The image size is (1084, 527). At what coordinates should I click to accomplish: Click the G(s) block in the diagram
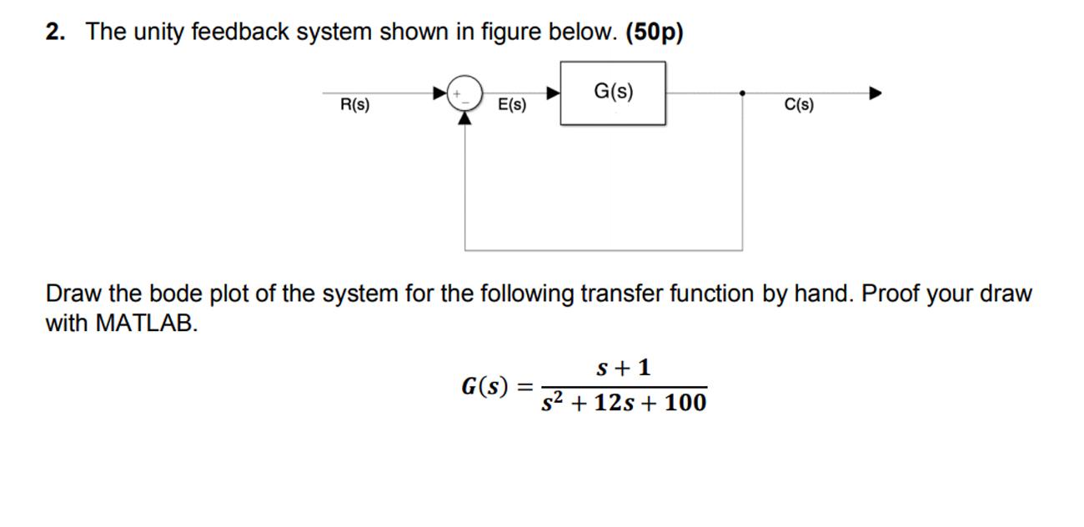(x=613, y=93)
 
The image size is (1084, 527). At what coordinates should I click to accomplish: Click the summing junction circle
(x=465, y=93)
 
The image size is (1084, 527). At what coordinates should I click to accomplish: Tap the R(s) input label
(x=354, y=105)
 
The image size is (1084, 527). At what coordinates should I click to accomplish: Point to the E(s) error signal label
(x=511, y=105)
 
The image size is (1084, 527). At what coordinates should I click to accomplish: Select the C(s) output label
(x=799, y=105)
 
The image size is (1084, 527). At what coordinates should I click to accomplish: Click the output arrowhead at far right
(x=875, y=93)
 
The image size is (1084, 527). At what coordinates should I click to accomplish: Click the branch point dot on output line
(x=742, y=93)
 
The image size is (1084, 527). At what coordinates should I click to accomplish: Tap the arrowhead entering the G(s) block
(x=552, y=93)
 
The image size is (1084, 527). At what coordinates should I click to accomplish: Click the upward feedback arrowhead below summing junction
(x=465, y=118)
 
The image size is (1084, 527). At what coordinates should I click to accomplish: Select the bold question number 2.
(x=55, y=32)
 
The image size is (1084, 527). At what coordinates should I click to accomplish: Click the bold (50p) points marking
(x=654, y=32)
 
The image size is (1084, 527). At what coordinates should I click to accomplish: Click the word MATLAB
(x=146, y=323)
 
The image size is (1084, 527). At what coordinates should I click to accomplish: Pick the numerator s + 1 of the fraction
(x=624, y=367)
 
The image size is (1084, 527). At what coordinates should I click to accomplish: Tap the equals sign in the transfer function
(x=525, y=387)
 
